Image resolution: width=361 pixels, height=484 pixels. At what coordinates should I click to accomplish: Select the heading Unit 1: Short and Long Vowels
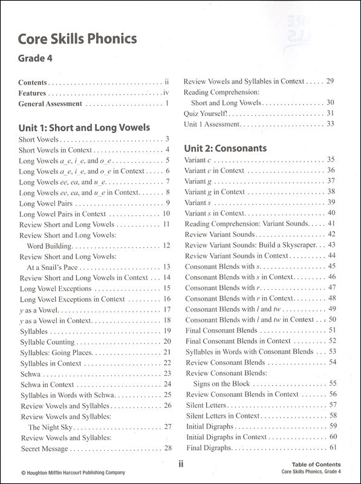coord(85,128)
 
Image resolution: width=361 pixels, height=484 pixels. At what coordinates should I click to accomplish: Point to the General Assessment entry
coord(50,104)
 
